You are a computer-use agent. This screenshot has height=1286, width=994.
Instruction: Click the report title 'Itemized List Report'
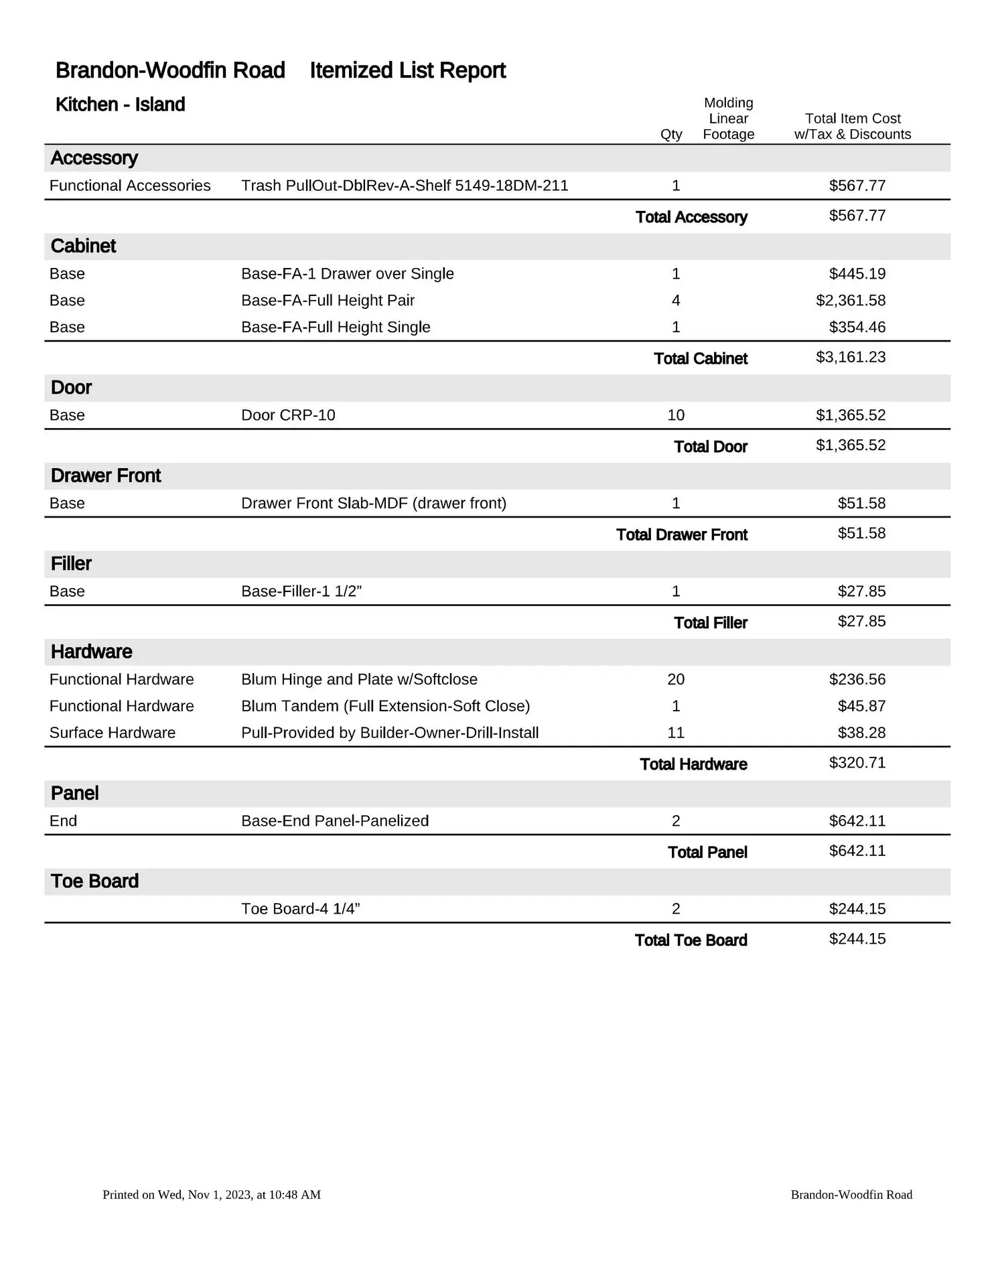[x=407, y=70]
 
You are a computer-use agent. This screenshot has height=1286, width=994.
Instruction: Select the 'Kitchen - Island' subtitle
[x=120, y=104]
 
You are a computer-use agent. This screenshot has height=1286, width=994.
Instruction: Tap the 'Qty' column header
[x=671, y=134]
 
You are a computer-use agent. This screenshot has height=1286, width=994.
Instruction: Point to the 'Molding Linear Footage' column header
[x=728, y=119]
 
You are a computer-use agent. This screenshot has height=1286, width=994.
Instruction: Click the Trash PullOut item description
[x=405, y=186]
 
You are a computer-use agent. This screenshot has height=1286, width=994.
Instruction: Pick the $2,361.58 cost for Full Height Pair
[x=850, y=300]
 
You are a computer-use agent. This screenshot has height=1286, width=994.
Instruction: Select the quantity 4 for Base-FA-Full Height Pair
[x=676, y=300]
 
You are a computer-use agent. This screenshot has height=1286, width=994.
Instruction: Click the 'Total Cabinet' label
[x=700, y=358]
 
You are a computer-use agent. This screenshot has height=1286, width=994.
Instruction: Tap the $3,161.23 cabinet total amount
[x=850, y=357]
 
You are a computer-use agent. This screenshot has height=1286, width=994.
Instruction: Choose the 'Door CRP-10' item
[x=288, y=415]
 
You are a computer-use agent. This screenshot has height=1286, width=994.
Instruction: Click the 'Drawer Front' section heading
[x=106, y=476]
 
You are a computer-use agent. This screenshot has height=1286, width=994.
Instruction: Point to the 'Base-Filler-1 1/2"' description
[x=301, y=591]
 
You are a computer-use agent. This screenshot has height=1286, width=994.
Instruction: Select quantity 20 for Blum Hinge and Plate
[x=676, y=679]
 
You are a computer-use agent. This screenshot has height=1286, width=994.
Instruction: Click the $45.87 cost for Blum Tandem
[x=861, y=706]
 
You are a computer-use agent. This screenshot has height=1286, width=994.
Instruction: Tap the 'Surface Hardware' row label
[x=113, y=733]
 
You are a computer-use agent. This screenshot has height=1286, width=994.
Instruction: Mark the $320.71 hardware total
[x=857, y=763]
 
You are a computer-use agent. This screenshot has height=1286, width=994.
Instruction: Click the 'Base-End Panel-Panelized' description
[x=335, y=821]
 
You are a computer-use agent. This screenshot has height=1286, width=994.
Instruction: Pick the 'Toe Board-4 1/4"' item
[x=300, y=909]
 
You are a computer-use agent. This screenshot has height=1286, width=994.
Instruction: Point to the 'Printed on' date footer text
[x=212, y=1194]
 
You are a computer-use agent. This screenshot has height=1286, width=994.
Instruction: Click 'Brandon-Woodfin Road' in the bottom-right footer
[x=851, y=1194]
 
